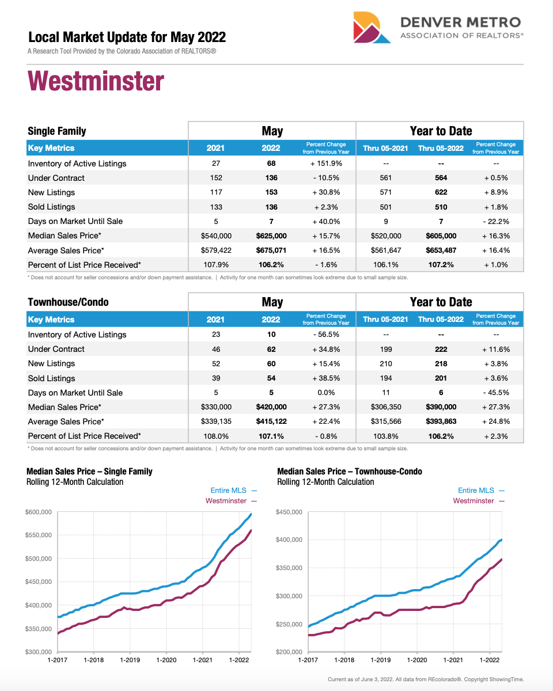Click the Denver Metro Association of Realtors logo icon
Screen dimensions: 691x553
[374, 27]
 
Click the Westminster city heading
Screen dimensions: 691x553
[96, 81]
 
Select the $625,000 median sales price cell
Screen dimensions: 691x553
[271, 236]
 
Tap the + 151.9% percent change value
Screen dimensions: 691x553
[326, 164]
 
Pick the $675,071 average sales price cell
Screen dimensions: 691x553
[271, 250]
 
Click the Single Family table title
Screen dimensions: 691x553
[57, 131]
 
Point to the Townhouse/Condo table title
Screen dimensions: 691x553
[68, 302]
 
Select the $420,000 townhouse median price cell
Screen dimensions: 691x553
[271, 407]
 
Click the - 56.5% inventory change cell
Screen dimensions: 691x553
[326, 335]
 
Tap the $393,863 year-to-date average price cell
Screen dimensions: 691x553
[441, 422]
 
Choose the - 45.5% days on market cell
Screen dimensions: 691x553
[496, 393]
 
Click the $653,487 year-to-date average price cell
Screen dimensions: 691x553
[441, 250]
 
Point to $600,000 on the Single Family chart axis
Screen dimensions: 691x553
[39, 512]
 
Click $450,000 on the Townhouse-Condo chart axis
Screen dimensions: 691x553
[289, 512]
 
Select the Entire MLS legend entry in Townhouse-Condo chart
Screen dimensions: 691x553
[476, 491]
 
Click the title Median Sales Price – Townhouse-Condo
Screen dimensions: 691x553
[349, 472]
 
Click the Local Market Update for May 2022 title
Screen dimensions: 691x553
[127, 38]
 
